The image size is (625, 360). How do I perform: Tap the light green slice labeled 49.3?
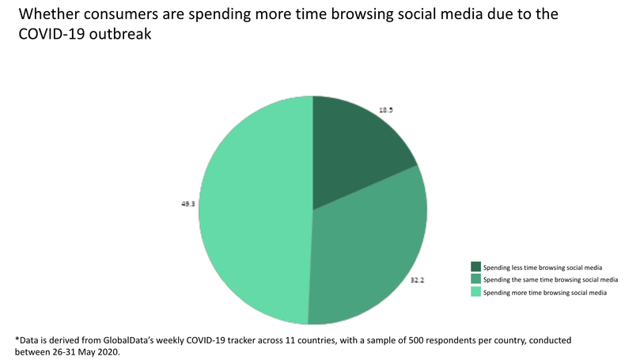(x=253, y=214)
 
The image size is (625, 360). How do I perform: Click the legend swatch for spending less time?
(x=475, y=267)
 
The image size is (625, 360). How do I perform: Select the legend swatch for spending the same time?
(x=475, y=279)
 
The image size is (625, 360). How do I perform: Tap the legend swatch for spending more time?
(x=475, y=292)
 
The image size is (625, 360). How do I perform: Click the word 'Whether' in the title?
(x=47, y=15)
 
